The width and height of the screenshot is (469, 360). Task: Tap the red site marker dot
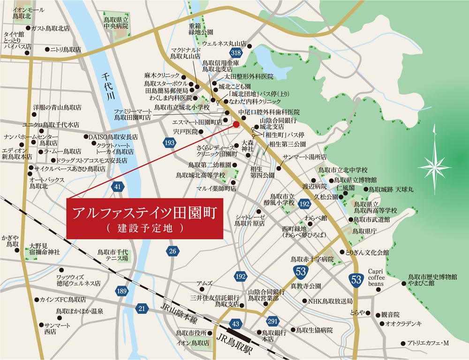[236, 124]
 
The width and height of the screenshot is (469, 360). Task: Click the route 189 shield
[121, 291]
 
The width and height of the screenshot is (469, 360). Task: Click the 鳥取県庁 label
[365, 231]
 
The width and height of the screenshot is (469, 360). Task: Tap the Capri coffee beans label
[376, 277]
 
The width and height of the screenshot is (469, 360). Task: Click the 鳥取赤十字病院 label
[312, 259]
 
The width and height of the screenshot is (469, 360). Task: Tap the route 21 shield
[142, 308]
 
